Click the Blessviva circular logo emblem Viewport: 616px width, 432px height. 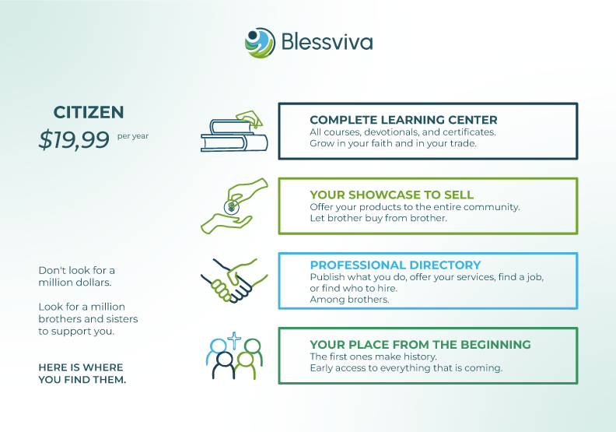coord(260,43)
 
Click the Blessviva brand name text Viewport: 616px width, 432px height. coord(327,42)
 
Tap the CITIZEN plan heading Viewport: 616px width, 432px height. coord(89,112)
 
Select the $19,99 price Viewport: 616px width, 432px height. coord(74,139)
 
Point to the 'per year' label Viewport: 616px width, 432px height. coord(133,136)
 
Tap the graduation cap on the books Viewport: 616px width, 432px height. coord(250,119)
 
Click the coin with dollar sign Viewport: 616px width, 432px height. coord(232,207)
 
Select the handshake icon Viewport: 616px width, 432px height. coord(234,281)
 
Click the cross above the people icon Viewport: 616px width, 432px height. coord(234,340)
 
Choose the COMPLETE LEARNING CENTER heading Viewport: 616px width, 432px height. coord(404,120)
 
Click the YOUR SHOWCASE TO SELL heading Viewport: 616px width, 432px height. coord(392,195)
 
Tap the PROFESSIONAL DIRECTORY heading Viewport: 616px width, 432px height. coord(395,265)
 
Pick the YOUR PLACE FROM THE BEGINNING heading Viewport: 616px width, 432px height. coord(420,345)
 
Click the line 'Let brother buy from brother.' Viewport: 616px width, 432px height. coord(378,218)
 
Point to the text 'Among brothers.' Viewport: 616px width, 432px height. coord(349,300)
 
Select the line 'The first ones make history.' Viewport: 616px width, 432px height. coord(373,356)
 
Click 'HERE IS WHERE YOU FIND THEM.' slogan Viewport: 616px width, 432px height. coord(82,374)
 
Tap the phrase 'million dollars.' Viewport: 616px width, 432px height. coord(75,283)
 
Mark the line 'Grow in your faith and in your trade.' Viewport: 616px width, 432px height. coord(393,143)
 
